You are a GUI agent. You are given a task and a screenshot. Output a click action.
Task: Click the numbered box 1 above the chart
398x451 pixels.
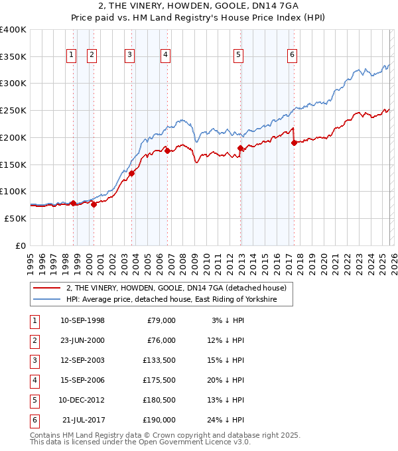tap(71, 55)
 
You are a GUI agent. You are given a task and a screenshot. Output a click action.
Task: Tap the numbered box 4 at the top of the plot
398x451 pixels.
tap(165, 55)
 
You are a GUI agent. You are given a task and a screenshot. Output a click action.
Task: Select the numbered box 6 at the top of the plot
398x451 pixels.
tap(292, 55)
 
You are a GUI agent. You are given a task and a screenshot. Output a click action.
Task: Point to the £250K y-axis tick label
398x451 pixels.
tap(13, 110)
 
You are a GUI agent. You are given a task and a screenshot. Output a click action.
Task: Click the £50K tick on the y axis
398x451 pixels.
tap(15, 218)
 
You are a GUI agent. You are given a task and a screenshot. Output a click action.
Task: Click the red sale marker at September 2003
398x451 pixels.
tap(132, 173)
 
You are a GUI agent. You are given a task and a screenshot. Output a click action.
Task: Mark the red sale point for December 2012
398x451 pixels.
tap(240, 148)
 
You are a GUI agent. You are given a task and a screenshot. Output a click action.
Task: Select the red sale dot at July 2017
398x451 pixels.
tap(294, 143)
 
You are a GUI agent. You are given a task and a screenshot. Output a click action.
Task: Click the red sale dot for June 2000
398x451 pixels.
tap(94, 204)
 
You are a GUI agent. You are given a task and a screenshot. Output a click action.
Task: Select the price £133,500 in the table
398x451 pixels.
tap(159, 361)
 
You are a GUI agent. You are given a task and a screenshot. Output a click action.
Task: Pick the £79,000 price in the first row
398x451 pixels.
tap(161, 321)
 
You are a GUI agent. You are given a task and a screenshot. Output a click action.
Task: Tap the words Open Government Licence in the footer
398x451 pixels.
tap(198, 442)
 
